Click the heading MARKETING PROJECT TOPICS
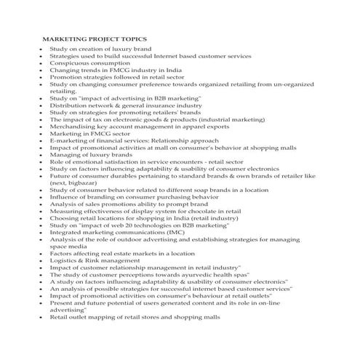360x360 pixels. click(95, 39)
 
